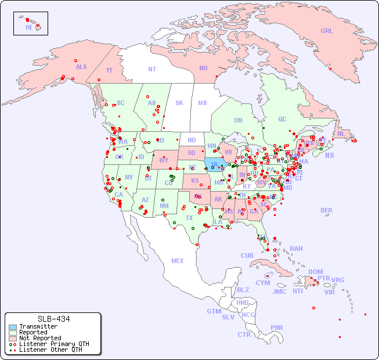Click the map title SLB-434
click(x=53, y=319)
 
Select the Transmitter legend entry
click(x=38, y=327)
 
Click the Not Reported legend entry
click(x=39, y=338)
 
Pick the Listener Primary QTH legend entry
click(x=53, y=344)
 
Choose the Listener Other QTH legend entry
click(x=50, y=350)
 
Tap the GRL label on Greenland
click(x=327, y=31)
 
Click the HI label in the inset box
click(x=28, y=27)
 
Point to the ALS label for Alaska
click(x=81, y=67)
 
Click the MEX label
click(x=178, y=261)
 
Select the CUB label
click(x=247, y=255)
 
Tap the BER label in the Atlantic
click(x=327, y=210)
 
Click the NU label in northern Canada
click(x=203, y=68)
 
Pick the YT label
click(x=109, y=71)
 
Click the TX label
click(x=189, y=218)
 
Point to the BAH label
click(x=296, y=249)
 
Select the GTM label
click(x=214, y=311)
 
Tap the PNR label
click(x=277, y=327)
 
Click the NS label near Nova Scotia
click(x=330, y=155)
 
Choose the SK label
click(x=179, y=103)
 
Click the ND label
click(x=192, y=140)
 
